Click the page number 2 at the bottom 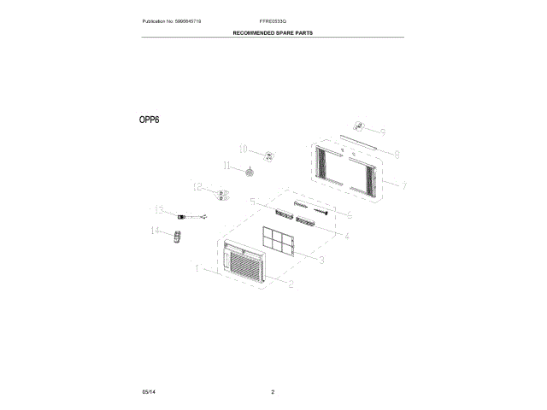tap(271, 391)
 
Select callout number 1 tap(197, 268)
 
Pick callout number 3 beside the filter tap(321, 260)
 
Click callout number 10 tap(242, 147)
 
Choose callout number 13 tap(227, 166)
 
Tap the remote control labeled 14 tap(178, 236)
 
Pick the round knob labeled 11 tap(250, 173)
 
